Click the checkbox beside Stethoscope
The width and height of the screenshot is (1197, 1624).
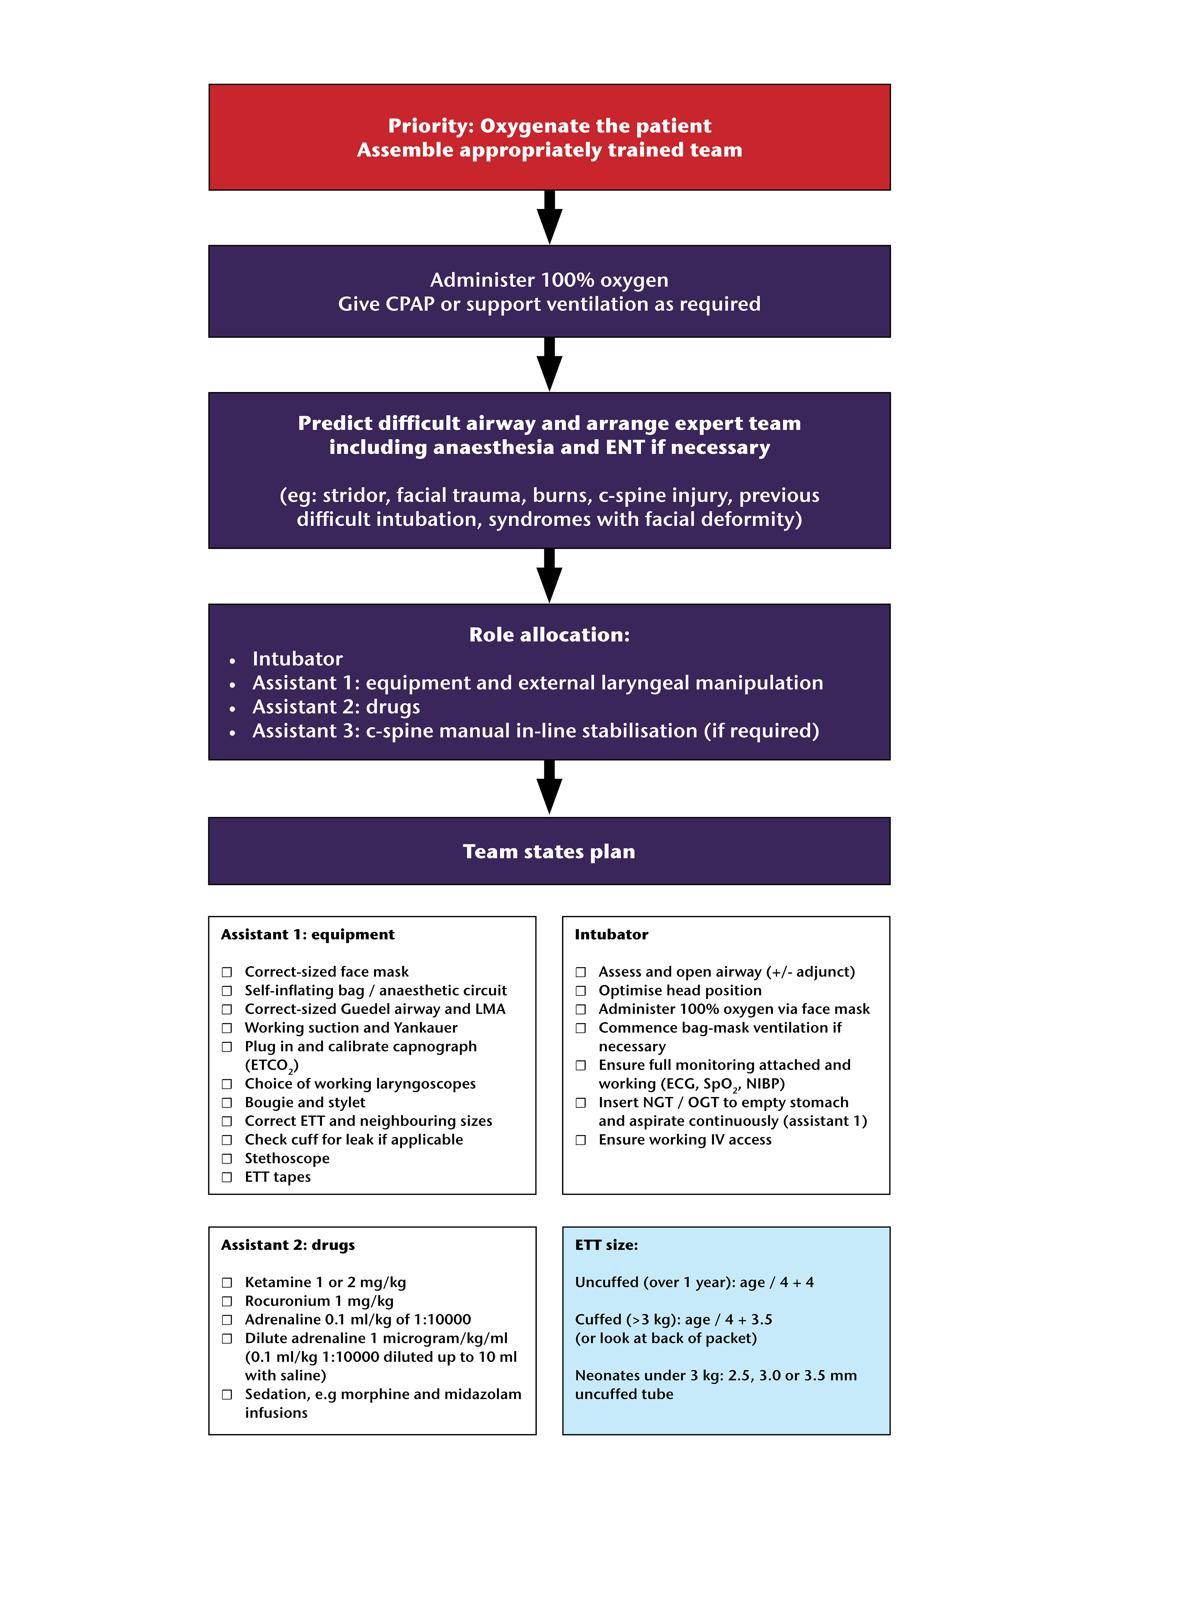[227, 1159]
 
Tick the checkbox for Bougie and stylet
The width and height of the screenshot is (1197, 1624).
[227, 1103]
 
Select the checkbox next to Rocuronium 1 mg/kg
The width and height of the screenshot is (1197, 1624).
[227, 1302]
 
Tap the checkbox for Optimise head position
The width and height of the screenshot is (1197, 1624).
[580, 991]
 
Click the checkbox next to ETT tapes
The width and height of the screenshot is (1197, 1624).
[227, 1178]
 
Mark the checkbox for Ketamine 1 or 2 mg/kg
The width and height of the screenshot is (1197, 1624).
[227, 1283]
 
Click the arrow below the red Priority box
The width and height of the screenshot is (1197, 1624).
[549, 217]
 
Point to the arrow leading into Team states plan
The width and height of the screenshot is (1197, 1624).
[549, 788]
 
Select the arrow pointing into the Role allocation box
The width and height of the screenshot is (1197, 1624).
[549, 576]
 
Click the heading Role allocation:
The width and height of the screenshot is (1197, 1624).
[549, 635]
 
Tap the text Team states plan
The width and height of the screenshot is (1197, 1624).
[549, 852]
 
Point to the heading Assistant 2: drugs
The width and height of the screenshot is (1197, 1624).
[288, 1245]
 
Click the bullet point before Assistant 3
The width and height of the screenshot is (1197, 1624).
[232, 733]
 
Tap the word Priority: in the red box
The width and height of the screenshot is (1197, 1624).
[430, 126]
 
